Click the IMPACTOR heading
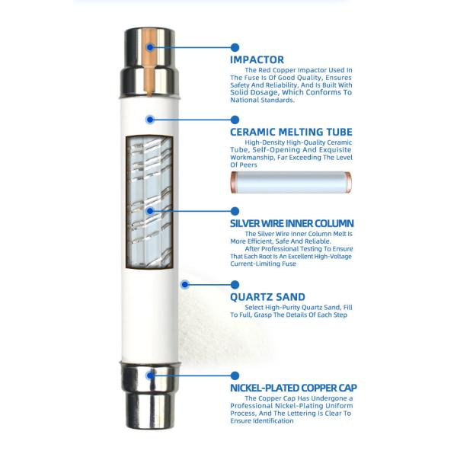click(x=257, y=59)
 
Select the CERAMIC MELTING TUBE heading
click(x=291, y=132)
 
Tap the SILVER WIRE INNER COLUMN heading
click(x=292, y=223)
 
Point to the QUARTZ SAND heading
click(x=267, y=297)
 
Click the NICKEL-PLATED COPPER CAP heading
click(x=293, y=388)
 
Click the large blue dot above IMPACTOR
click(x=235, y=47)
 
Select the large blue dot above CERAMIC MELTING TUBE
click(x=235, y=120)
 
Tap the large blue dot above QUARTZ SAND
click(x=235, y=284)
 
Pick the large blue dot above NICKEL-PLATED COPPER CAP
click(x=235, y=376)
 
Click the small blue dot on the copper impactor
click(x=150, y=47)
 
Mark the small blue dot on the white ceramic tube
click(x=150, y=120)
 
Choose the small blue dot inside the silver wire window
click(x=150, y=211)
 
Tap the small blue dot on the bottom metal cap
click(x=150, y=376)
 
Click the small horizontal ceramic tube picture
click(x=291, y=183)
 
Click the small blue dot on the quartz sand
click(x=184, y=284)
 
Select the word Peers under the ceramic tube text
click(x=248, y=165)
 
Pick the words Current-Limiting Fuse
click(x=264, y=264)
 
